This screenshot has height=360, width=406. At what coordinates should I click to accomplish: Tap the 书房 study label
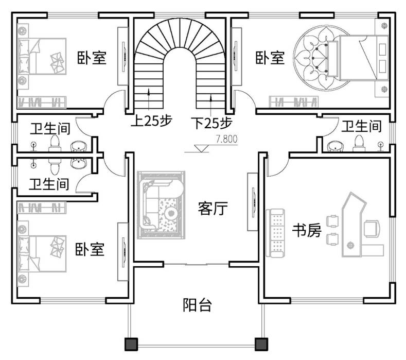tap(307, 230)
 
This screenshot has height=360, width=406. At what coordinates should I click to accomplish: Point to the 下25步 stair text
tap(211, 123)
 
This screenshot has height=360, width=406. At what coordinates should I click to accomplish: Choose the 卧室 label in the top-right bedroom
tap(270, 57)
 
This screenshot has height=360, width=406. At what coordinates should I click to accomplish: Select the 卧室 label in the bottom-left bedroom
tap(90, 250)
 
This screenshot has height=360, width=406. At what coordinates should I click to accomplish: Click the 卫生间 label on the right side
tap(362, 126)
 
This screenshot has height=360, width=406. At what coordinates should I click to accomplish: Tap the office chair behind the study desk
tap(372, 227)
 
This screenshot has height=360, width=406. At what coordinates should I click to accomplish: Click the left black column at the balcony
tap(131, 344)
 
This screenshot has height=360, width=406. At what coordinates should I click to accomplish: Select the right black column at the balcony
tap(261, 344)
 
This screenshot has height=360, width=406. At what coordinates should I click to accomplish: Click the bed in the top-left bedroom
tap(41, 56)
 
